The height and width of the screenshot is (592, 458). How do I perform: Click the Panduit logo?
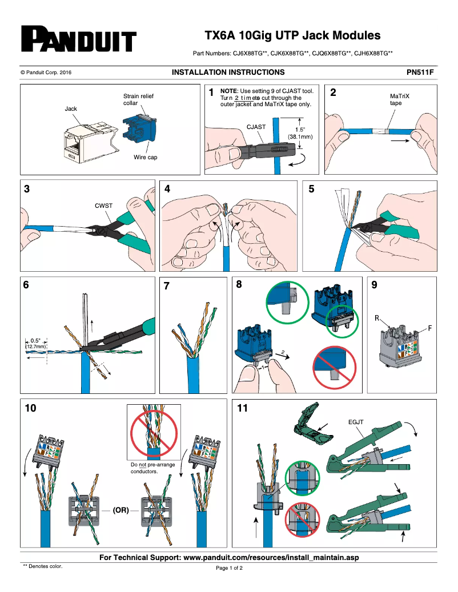(x=78, y=39)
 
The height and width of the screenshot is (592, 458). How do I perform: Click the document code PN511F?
(x=420, y=73)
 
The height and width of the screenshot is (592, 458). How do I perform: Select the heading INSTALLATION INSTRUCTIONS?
(x=228, y=73)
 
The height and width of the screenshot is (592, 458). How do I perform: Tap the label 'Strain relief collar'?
(x=138, y=99)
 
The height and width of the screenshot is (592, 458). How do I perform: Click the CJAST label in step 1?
(x=255, y=130)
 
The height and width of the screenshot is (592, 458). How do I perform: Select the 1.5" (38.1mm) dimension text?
(x=300, y=133)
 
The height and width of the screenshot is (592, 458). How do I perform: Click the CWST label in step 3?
(x=103, y=205)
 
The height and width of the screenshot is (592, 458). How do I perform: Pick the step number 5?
(x=311, y=190)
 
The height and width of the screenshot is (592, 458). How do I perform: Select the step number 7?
(x=167, y=287)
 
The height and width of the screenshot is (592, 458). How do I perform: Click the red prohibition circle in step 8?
(x=335, y=365)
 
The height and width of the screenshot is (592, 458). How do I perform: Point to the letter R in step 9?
(x=377, y=317)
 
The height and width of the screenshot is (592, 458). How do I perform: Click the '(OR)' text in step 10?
(x=120, y=509)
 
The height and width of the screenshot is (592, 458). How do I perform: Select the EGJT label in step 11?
(x=356, y=422)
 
